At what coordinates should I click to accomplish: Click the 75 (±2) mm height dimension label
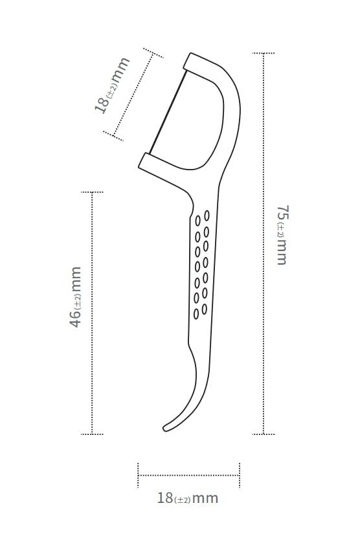pyautogui.click(x=282, y=236)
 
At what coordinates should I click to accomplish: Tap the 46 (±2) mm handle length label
pyautogui.click(x=76, y=297)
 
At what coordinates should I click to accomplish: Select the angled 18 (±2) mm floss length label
pyautogui.click(x=112, y=85)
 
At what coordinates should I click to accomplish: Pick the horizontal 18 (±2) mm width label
pyautogui.click(x=188, y=498)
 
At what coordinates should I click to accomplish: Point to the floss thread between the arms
pyautogui.click(x=168, y=112)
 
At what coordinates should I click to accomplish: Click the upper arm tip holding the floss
pyautogui.click(x=188, y=62)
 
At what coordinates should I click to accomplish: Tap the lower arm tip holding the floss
pyautogui.click(x=144, y=161)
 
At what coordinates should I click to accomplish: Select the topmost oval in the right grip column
pyautogui.click(x=207, y=216)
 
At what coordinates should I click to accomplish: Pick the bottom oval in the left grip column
pyautogui.click(x=196, y=314)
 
